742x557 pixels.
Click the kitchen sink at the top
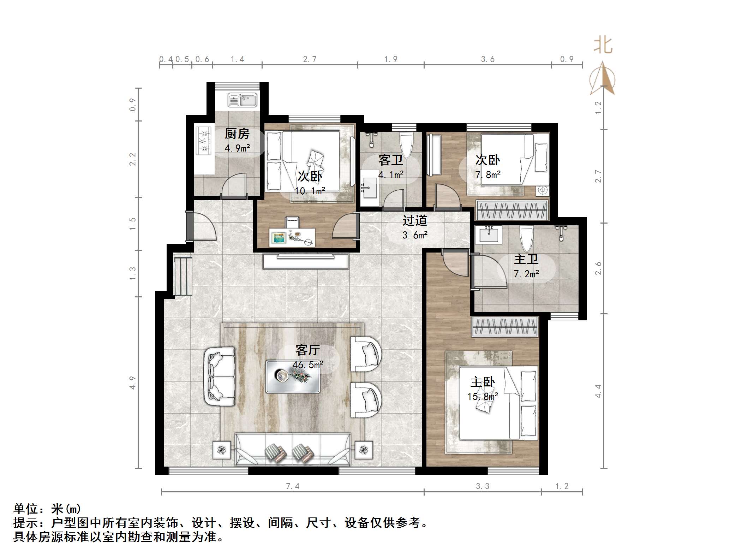pos(242,100)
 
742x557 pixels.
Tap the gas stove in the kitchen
pos(204,141)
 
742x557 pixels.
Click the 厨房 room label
pos(237,134)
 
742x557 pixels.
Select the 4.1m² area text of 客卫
pos(390,174)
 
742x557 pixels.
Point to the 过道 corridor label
pos(415,220)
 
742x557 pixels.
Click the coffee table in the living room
pos(293,377)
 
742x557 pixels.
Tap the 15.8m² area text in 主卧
pos(483,396)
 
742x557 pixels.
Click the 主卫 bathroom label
pos(526,259)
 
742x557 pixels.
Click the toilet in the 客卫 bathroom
pos(406,145)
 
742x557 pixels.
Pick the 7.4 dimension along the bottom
pos(293,486)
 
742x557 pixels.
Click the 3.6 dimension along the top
pos(487,59)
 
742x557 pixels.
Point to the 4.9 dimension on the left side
pos(132,383)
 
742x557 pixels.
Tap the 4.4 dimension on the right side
pos(598,391)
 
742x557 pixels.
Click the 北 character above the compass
pos(603,46)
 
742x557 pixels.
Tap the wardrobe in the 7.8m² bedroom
pos(512,211)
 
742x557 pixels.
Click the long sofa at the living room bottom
pos(293,449)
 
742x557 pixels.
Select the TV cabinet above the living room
pos(306,261)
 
